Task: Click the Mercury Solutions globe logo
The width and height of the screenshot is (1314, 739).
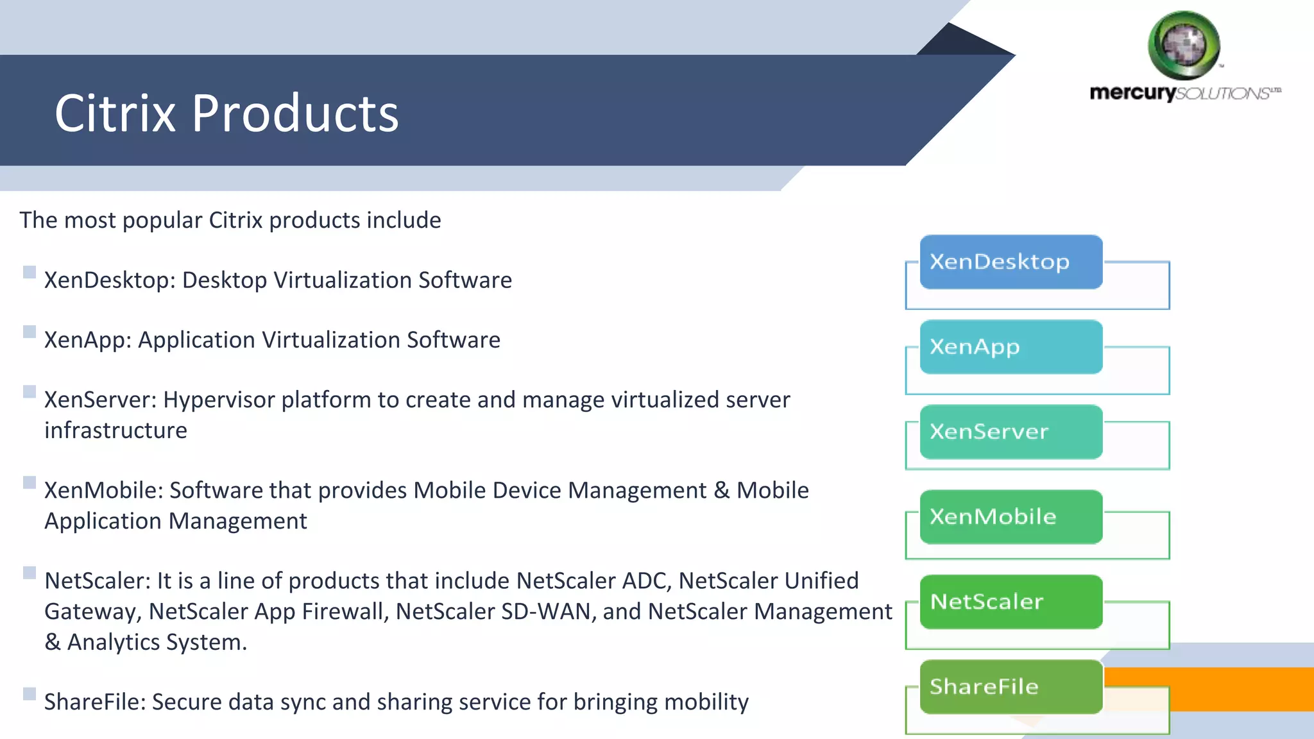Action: point(1184,45)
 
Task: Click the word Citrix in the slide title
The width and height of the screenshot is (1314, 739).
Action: point(115,114)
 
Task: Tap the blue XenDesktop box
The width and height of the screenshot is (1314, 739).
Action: point(1011,262)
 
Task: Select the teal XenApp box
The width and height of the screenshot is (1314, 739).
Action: point(1011,347)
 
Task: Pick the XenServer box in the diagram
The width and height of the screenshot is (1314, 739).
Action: point(1011,432)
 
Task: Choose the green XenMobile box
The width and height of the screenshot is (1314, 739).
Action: point(1011,517)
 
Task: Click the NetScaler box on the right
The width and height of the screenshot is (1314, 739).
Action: point(1011,602)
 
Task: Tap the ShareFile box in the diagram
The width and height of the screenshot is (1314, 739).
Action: point(1011,687)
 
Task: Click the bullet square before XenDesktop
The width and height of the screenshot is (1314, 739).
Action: point(30,272)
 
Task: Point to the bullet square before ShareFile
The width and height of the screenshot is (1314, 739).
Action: point(30,693)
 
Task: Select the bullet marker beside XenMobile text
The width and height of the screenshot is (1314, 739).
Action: point(30,482)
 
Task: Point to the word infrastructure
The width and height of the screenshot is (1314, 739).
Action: point(115,430)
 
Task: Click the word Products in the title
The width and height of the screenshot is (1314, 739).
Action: point(295,114)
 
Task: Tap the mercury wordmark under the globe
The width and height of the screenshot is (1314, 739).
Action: point(1132,93)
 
